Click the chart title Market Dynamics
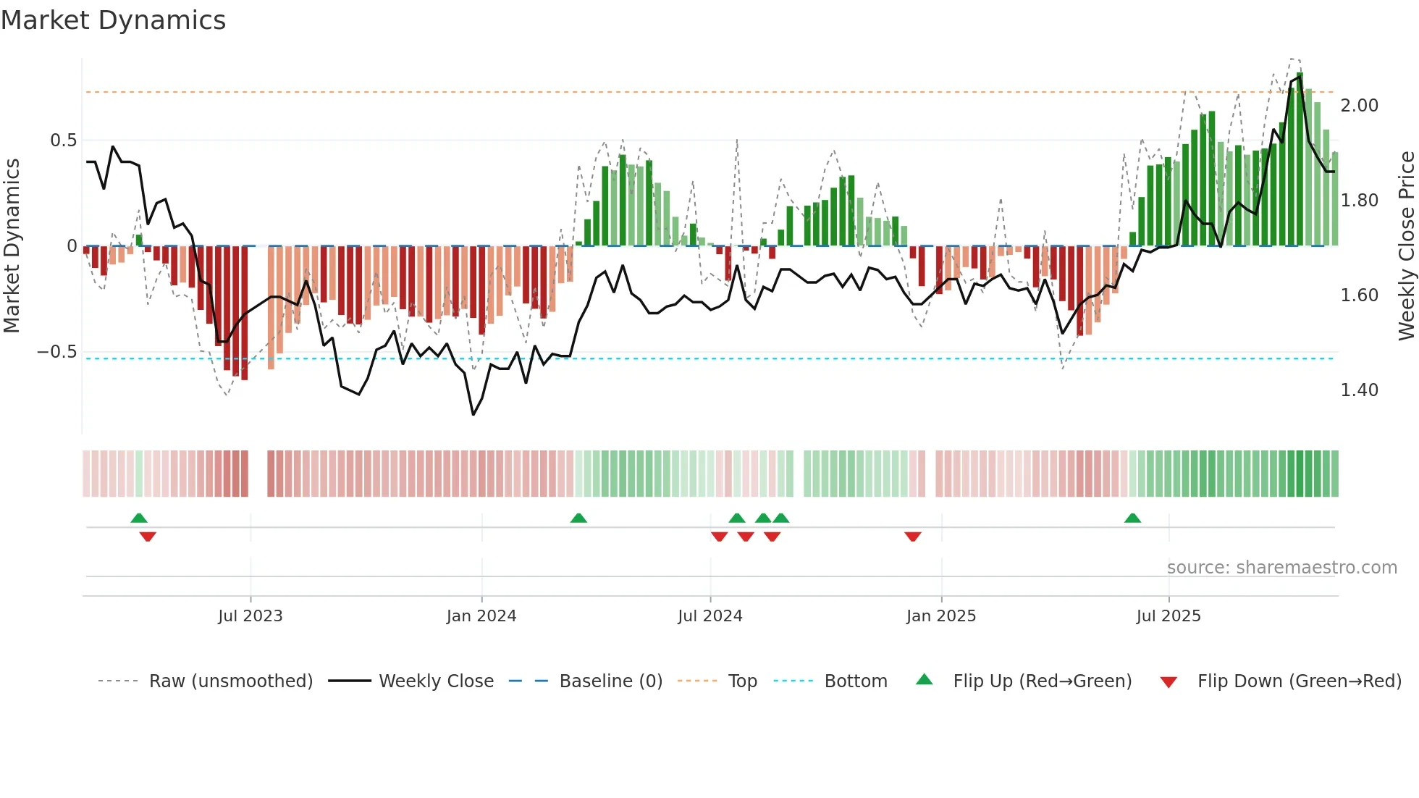pyautogui.click(x=113, y=20)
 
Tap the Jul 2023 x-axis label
pyautogui.click(x=250, y=616)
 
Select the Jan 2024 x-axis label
pyautogui.click(x=481, y=616)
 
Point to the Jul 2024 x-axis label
pyautogui.click(x=709, y=616)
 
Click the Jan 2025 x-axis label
pyautogui.click(x=940, y=616)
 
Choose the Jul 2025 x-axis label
pyautogui.click(x=1168, y=616)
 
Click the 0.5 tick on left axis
pyautogui.click(x=63, y=140)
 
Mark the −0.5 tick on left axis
pyautogui.click(x=56, y=352)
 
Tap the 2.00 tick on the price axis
pyautogui.click(x=1359, y=106)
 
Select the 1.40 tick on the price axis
pyautogui.click(x=1359, y=390)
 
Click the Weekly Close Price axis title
pyautogui.click(x=1406, y=246)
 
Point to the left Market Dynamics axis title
pyautogui.click(x=12, y=246)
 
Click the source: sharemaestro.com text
pyautogui.click(x=1281, y=568)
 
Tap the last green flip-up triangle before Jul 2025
pyautogui.click(x=1132, y=518)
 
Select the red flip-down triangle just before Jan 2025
pyautogui.click(x=912, y=537)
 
